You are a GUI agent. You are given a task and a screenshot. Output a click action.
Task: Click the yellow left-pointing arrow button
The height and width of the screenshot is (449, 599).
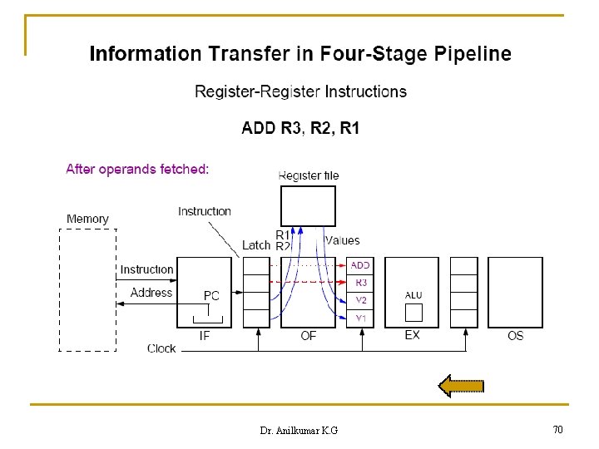461,385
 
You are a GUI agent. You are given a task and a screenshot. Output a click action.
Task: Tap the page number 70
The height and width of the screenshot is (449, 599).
557,430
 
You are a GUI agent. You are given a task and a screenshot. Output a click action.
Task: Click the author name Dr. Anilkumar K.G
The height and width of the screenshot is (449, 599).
299,431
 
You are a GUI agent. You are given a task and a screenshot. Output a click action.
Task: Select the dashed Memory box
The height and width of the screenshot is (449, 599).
87,289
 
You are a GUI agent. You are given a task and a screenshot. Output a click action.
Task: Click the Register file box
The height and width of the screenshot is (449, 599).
308,205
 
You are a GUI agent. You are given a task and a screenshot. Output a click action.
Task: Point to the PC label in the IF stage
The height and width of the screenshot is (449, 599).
211,296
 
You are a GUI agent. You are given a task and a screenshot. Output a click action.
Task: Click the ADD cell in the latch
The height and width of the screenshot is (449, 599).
360,265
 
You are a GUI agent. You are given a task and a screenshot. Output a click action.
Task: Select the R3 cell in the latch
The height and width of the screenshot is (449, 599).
360,283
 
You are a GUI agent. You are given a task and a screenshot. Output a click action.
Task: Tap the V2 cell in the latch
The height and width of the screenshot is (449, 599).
360,300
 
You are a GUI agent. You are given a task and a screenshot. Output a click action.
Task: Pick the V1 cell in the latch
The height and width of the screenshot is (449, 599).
360,318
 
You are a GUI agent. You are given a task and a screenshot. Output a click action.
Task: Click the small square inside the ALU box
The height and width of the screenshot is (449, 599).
413,313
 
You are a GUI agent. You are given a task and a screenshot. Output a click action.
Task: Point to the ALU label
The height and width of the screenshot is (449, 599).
413,295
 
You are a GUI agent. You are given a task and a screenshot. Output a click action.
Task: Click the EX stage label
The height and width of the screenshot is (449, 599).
412,335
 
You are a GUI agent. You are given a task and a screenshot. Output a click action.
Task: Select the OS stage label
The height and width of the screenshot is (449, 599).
516,336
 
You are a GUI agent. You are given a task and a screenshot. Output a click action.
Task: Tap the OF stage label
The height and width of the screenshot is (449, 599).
308,336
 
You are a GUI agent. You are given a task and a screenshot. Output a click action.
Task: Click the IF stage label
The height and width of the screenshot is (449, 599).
205,336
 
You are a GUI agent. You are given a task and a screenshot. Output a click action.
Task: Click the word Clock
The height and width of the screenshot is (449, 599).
161,348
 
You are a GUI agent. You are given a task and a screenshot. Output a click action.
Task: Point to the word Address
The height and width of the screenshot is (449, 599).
151,293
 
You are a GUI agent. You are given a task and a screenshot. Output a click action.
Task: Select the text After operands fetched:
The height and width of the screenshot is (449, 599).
137,169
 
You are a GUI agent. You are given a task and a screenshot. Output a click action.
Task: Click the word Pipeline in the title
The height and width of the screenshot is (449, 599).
470,55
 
